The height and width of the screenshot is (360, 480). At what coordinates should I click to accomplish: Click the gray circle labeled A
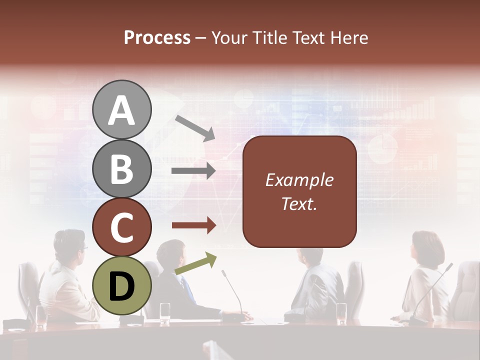(121, 110)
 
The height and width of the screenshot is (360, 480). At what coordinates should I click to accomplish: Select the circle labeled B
(121, 169)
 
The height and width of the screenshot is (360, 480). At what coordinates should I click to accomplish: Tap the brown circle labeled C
(121, 227)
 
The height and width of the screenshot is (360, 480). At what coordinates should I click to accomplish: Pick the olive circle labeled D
(121, 285)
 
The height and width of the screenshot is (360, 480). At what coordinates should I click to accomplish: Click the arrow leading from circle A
(195, 128)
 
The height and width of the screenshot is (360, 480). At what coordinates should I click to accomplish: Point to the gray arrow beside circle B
(193, 171)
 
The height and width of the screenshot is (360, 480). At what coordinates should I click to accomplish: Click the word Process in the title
(157, 37)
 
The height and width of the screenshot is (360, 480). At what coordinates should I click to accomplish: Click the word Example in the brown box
(299, 180)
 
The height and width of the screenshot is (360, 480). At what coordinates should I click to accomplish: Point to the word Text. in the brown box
(299, 204)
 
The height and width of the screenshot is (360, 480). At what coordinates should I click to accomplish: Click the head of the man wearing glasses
(70, 243)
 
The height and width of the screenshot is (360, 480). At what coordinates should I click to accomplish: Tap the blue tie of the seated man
(188, 289)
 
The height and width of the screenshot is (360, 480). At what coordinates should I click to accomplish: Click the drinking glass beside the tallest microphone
(341, 311)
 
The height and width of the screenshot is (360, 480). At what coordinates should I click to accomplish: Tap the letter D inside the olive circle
(121, 286)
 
